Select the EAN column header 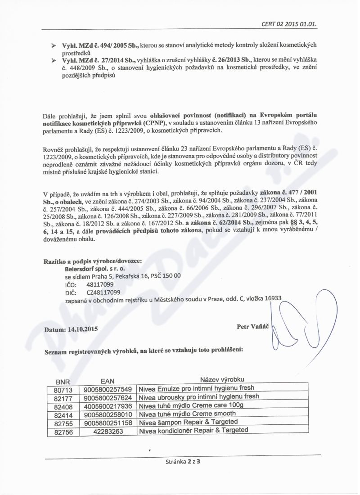click(x=107, y=381)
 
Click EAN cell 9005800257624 click(x=108, y=397)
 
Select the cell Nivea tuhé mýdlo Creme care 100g click(x=191, y=405)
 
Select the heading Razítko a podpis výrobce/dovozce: click(x=93, y=261)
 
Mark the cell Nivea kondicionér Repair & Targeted click(x=193, y=430)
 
